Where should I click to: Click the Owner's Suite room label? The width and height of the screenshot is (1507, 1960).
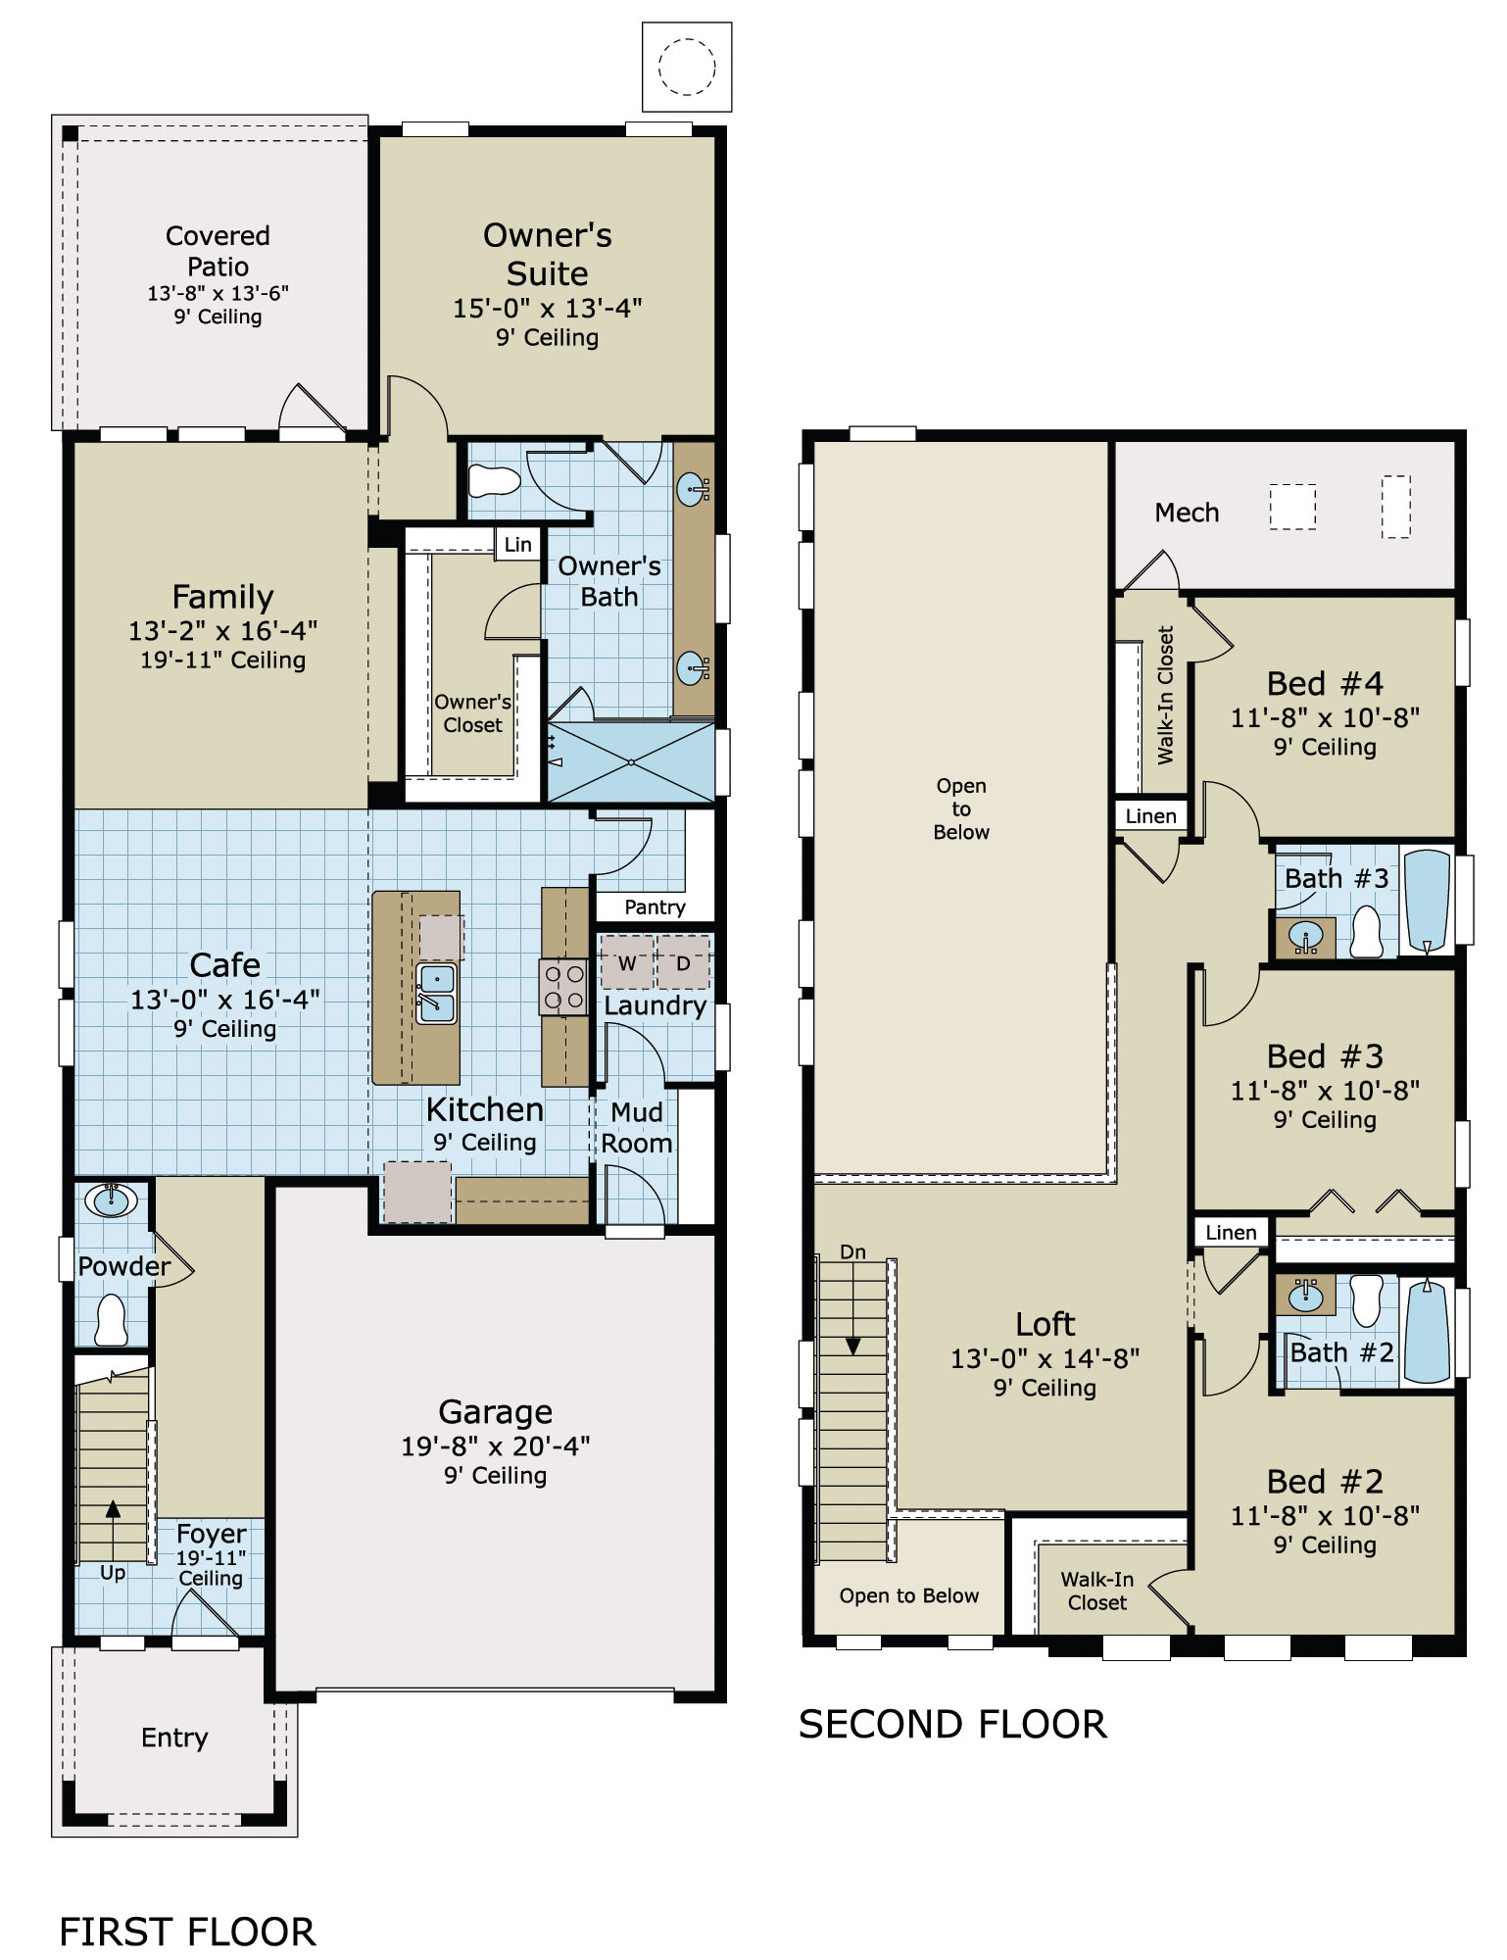547,254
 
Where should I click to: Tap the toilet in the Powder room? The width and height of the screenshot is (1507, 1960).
111,1320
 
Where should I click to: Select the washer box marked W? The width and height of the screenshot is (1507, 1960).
626,962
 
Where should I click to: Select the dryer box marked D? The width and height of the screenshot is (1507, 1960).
683,962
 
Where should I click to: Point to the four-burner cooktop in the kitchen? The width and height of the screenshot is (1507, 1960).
564,987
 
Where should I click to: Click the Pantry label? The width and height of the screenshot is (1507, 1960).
655,907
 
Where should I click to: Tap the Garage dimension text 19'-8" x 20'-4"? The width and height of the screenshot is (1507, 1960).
495,1445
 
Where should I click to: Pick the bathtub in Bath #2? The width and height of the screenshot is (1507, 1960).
1427,1331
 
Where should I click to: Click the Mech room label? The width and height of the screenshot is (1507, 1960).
1187,513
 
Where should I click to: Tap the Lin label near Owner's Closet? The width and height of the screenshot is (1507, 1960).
517,545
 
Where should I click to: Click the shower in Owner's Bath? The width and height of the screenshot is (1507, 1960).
631,762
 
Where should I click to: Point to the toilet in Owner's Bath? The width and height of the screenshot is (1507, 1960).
494,481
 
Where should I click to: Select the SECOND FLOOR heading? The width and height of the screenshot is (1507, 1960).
952,1725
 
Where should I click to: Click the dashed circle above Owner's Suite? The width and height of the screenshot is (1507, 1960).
687,67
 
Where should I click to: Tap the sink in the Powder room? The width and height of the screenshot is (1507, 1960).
111,1200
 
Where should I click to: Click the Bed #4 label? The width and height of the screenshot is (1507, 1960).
1325,683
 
